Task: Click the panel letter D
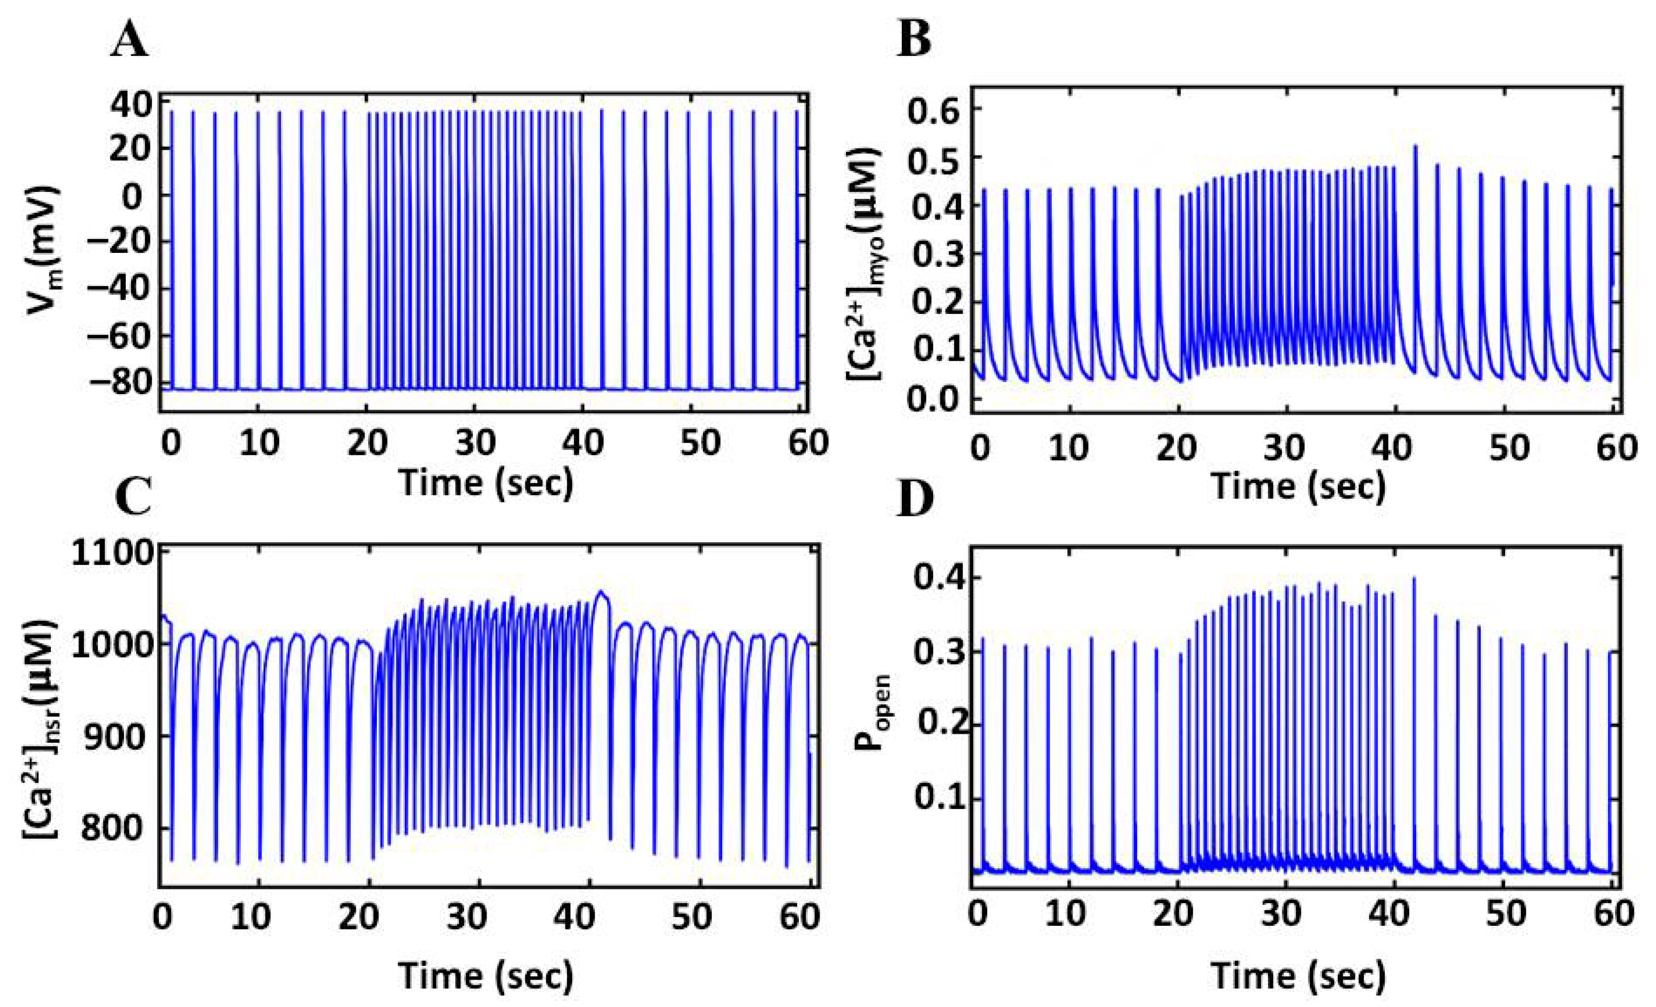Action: click(x=915, y=498)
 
